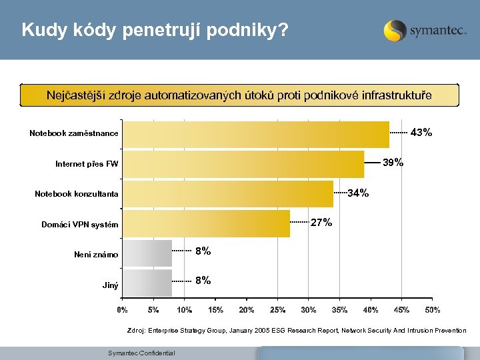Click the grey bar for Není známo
click(x=149, y=254)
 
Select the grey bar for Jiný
click(x=149, y=283)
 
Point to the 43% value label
click(x=421, y=133)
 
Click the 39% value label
click(x=393, y=163)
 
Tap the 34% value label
click(x=358, y=193)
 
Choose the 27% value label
click(x=321, y=223)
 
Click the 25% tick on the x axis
click(x=277, y=310)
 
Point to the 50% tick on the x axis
click(x=432, y=310)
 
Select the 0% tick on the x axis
click(x=123, y=310)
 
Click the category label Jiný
click(x=110, y=285)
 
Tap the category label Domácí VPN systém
click(x=79, y=225)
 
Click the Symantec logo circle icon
click(x=395, y=31)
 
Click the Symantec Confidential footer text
click(x=141, y=353)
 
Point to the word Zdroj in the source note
click(x=135, y=330)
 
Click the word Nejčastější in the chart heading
click(x=75, y=95)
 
